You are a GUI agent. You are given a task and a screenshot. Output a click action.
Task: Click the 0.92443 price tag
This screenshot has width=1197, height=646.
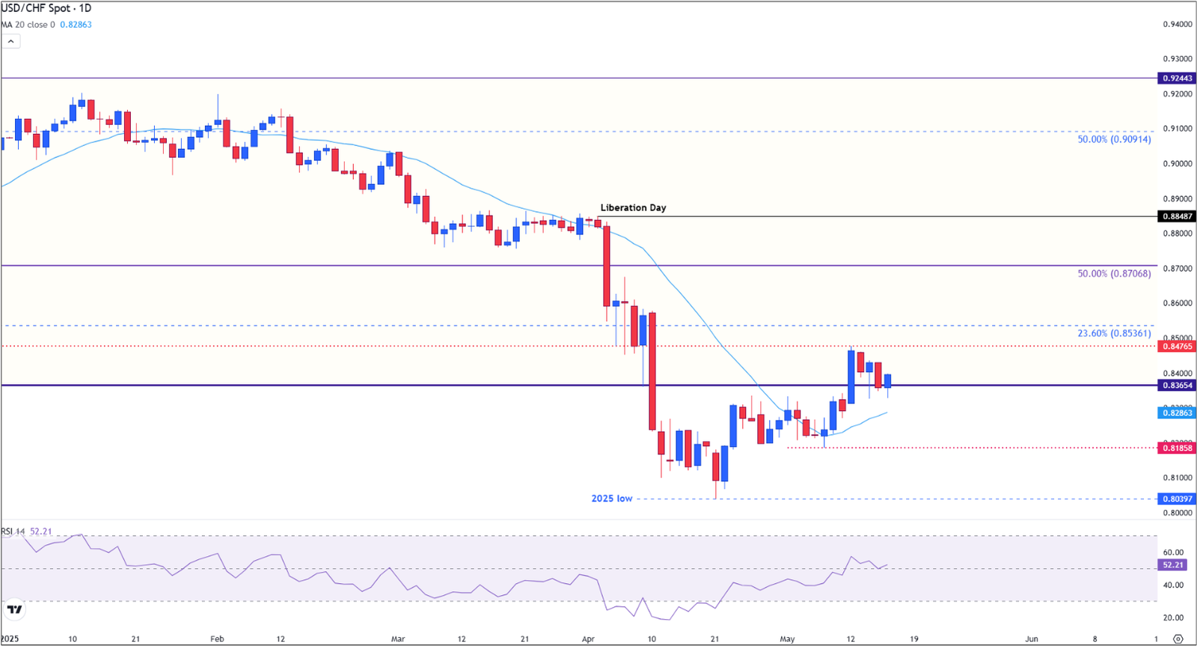point(1176,78)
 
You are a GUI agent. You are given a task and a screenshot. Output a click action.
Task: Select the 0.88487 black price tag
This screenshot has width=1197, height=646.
point(1176,216)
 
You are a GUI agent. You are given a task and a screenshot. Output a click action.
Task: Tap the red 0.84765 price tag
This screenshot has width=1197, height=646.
point(1176,347)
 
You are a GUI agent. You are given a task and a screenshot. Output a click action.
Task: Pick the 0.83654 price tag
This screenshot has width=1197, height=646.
point(1176,386)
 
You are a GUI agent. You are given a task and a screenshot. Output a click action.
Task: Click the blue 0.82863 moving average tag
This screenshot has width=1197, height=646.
point(1176,412)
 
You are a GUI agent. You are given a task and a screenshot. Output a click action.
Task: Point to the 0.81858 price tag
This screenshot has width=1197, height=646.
point(1176,448)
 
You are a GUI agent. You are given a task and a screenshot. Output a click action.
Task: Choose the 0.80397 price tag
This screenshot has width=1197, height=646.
point(1176,499)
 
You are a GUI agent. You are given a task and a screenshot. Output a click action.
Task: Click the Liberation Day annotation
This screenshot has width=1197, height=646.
point(633,207)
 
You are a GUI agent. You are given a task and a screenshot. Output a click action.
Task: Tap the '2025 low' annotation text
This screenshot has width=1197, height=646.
point(612,499)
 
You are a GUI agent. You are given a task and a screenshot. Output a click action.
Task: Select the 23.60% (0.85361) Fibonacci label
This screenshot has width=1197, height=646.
point(1114,333)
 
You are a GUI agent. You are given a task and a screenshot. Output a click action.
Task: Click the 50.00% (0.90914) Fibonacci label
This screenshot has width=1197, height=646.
point(1114,139)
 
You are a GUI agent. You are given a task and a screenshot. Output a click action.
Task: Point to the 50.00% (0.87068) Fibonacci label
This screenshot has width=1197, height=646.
point(1114,274)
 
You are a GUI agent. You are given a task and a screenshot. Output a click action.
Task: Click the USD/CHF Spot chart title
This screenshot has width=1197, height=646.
point(46,8)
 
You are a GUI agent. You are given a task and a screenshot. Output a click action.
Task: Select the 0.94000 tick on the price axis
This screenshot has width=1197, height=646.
point(1177,25)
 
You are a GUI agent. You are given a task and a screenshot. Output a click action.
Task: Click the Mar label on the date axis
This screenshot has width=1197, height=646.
point(398,639)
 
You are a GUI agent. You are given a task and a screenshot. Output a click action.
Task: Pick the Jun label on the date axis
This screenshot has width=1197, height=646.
point(1032,639)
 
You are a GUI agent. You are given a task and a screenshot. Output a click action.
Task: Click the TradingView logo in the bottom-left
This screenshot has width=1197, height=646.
point(14,609)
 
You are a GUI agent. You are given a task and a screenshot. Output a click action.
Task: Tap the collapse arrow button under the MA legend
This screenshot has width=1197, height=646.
point(10,42)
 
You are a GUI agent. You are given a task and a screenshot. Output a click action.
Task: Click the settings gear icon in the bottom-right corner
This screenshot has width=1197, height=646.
point(1178,639)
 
